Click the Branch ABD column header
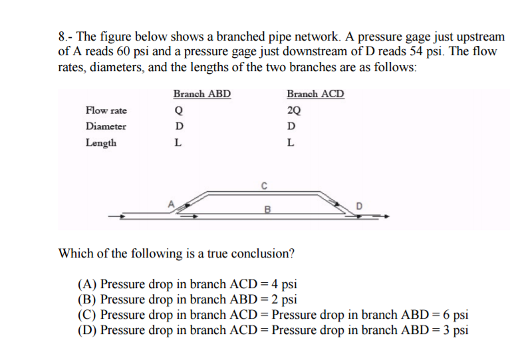202,94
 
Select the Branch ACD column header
315,94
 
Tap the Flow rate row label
106,110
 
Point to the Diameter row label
106,126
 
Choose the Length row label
101,143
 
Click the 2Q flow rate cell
293,110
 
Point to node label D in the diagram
360,205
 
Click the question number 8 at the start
62,37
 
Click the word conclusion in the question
261,254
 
